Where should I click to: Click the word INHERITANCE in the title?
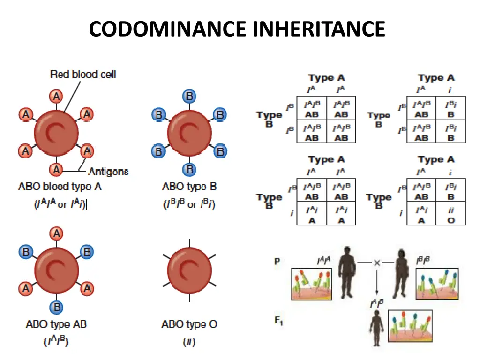(x=318, y=29)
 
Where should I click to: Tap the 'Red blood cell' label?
(x=83, y=74)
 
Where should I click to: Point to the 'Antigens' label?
(x=108, y=172)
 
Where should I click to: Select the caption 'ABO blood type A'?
(x=60, y=187)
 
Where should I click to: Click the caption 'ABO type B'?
(x=189, y=187)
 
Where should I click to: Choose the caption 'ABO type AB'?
(x=56, y=323)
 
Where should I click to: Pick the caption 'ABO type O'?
(x=189, y=323)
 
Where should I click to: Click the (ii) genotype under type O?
(x=189, y=342)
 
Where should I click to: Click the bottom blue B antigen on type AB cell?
(x=57, y=307)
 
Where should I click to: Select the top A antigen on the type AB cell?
(x=57, y=233)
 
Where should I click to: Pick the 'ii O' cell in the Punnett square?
(x=451, y=216)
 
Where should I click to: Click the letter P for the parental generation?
(x=277, y=262)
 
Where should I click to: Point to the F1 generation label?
(x=278, y=322)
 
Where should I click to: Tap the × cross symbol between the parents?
(x=376, y=263)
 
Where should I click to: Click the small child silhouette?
(x=376, y=329)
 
